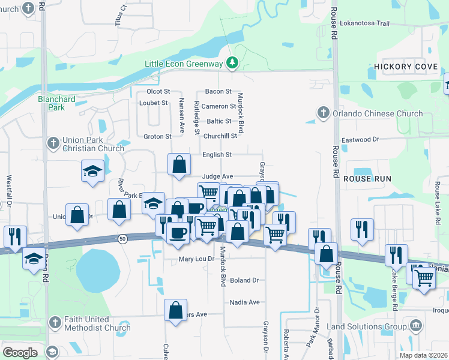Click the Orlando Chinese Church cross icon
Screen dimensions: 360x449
323,113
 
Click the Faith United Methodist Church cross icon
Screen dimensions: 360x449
55,323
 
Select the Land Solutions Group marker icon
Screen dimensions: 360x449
415,326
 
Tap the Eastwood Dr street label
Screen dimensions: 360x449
360,139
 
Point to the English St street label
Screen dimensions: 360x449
217,155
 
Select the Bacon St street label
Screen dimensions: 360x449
218,91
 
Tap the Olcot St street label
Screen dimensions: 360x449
158,92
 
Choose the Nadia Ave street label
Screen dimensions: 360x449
244,302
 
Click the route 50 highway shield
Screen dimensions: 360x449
122,238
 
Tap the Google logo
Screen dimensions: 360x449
20,352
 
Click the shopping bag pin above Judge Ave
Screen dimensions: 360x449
179,164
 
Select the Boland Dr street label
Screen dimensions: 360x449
244,280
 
